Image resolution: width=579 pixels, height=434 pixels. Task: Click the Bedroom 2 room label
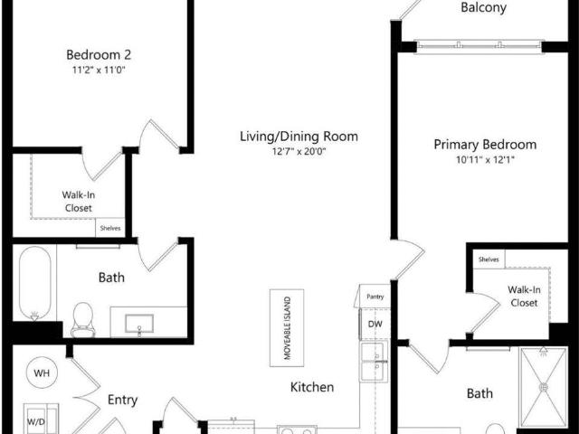pos(99,54)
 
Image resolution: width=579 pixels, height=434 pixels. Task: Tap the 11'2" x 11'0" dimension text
pos(99,70)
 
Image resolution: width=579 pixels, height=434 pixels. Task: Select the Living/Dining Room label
pos(299,137)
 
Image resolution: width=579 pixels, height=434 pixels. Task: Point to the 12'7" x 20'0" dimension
pos(299,151)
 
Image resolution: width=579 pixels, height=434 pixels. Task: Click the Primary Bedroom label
pos(485,145)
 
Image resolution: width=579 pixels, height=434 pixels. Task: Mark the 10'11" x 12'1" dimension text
pos(485,159)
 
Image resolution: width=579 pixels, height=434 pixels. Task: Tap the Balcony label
pos(483,7)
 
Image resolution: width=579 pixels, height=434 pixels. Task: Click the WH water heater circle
pos(42,373)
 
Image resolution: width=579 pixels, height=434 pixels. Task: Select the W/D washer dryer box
pos(41,420)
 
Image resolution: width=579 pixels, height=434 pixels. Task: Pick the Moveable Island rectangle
pos(287,327)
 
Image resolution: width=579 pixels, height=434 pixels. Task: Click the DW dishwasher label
pos(375,325)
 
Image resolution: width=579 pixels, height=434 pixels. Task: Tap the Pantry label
pos(375,297)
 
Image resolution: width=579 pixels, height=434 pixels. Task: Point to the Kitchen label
pos(312,387)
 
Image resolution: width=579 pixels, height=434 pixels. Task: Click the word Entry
pos(123,400)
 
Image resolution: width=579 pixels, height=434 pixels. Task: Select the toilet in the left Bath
pos(83,319)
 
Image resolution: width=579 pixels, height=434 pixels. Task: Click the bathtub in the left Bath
pos(34,283)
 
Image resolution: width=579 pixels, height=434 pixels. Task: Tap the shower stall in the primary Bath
pos(543,388)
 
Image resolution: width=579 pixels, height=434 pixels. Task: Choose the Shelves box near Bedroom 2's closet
pos(110,228)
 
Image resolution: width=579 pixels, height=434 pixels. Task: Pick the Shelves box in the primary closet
pos(489,259)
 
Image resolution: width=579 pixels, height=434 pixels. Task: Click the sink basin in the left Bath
pos(139,324)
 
